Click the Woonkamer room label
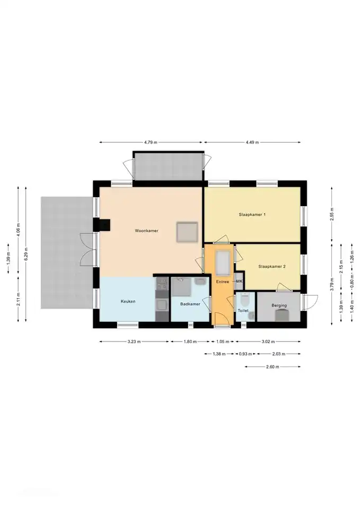coord(146,231)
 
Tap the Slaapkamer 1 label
coord(252,215)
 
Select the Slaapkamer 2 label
coord(271,267)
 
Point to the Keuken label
coord(128,301)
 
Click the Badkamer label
coord(190,304)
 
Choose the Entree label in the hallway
coord(222,282)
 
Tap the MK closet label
coord(239,281)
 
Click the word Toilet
coord(243,311)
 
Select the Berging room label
coord(279,305)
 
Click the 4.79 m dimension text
coord(151,142)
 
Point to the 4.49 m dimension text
coord(252,142)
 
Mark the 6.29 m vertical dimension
coord(27,254)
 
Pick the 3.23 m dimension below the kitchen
coord(134,341)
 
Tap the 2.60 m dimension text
coord(273,367)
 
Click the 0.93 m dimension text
coord(245,354)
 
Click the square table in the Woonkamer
coord(187,232)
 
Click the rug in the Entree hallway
coord(223,262)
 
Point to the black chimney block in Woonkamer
coord(102,225)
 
